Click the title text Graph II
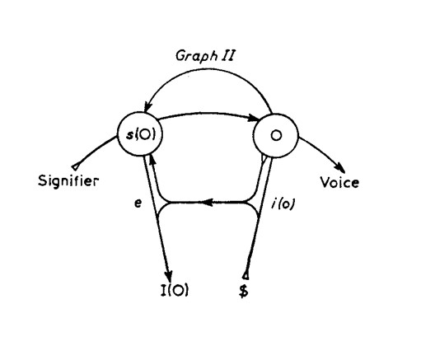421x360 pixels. pos(204,56)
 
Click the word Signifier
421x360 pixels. pos(68,181)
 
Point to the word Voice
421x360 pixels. pos(339,182)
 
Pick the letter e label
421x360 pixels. pos(138,203)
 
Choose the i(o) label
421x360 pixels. pos(283,204)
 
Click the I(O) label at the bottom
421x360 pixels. pos(175,290)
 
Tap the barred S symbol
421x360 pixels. pos(244,291)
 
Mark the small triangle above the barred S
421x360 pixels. pos(246,275)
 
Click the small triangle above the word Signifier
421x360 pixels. pos(75,166)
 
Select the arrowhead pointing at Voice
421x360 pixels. pos(340,167)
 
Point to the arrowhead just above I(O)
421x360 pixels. pos(169,274)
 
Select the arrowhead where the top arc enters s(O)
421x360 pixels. pos(148,108)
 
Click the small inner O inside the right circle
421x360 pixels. pos(276,135)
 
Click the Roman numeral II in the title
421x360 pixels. pos(227,55)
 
